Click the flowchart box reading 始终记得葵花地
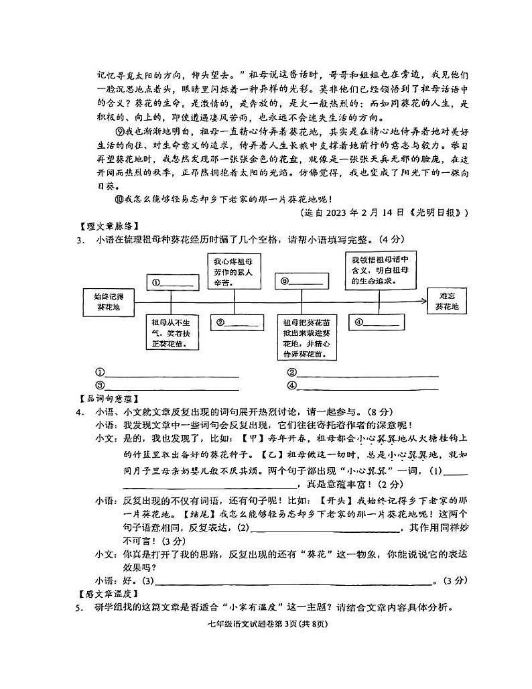pos(104,302)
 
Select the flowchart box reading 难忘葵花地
pos(447,301)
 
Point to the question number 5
pos(80,608)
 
